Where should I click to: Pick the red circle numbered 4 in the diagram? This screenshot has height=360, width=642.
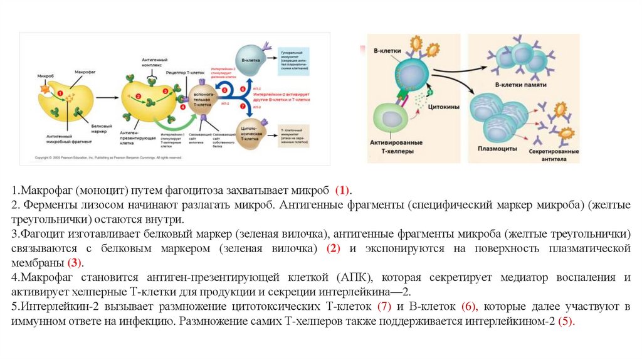pos(183,107)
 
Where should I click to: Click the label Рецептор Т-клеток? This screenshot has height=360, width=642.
pos(182,73)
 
